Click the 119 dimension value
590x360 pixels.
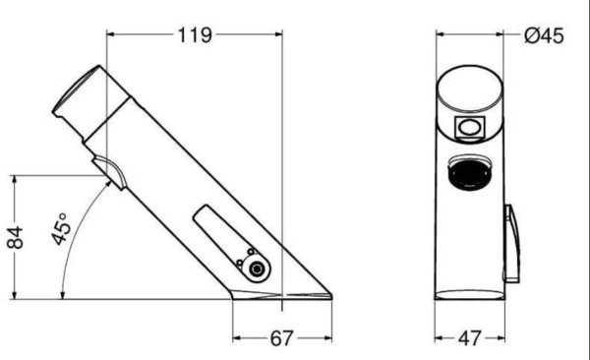(x=195, y=35)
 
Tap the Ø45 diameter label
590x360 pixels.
(x=544, y=36)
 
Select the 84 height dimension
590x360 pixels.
(x=16, y=238)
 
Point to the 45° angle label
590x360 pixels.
(x=61, y=228)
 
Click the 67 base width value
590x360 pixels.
(x=281, y=338)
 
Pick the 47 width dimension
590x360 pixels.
(x=470, y=338)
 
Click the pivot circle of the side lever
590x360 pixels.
(x=257, y=269)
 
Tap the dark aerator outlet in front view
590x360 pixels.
(x=470, y=173)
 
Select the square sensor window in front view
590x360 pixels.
(x=470, y=127)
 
